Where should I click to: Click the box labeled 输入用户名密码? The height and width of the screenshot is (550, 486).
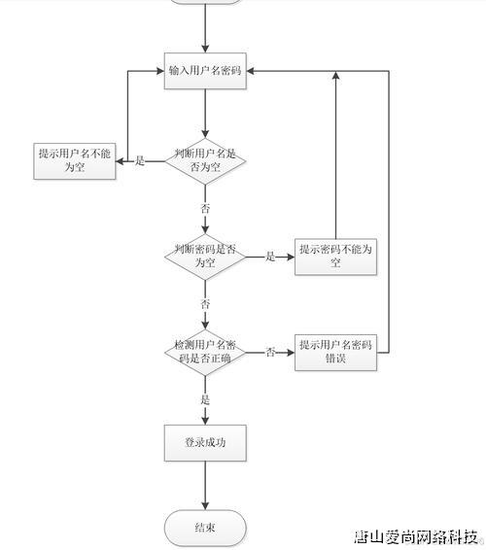pyautogui.click(x=205, y=71)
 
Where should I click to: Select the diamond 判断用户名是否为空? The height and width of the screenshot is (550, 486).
pyautogui.click(x=205, y=160)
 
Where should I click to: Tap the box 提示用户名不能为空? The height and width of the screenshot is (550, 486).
pyautogui.click(x=75, y=160)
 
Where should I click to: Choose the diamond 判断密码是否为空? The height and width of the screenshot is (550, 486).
pyautogui.click(x=205, y=257)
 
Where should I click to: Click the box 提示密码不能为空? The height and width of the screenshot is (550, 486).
pyautogui.click(x=335, y=257)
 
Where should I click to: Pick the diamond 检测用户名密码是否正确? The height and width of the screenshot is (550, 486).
pyautogui.click(x=205, y=352)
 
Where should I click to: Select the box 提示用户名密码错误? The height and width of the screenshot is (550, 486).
pyautogui.click(x=335, y=352)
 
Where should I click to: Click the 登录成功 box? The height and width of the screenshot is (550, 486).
pyautogui.click(x=205, y=443)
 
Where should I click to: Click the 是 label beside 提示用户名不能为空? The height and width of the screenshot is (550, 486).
pyautogui.click(x=139, y=161)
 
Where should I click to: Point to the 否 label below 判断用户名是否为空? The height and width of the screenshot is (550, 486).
pyautogui.click(x=205, y=209)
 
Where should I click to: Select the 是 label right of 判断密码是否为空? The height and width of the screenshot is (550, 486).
pyautogui.click(x=271, y=257)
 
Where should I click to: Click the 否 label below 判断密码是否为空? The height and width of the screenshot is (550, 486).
pyautogui.click(x=205, y=304)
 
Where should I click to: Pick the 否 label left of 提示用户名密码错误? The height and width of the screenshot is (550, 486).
pyautogui.click(x=271, y=352)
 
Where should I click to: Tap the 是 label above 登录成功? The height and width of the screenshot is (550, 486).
pyautogui.click(x=205, y=399)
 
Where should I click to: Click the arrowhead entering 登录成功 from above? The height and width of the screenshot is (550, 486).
pyautogui.click(x=205, y=421)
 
